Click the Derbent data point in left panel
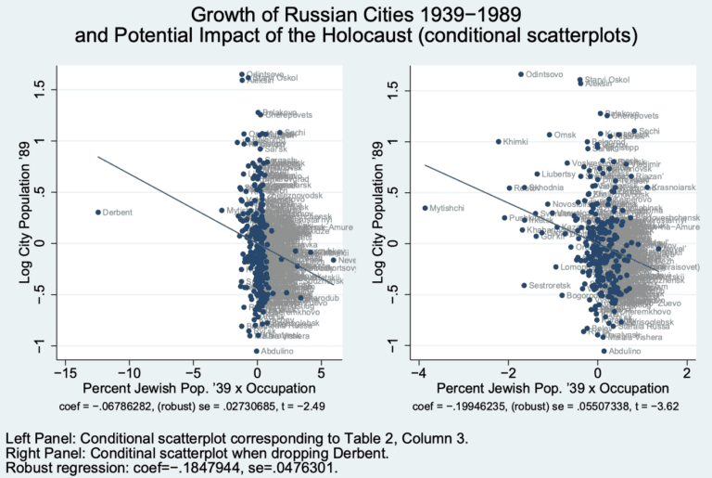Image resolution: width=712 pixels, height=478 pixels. tap(97, 212)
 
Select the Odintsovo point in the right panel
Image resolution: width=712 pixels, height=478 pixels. tap(521, 74)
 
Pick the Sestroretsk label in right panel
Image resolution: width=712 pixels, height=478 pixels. tap(552, 286)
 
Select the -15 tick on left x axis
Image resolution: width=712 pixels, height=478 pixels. tap(64, 372)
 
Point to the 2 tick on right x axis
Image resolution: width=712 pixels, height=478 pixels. tap(687, 372)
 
